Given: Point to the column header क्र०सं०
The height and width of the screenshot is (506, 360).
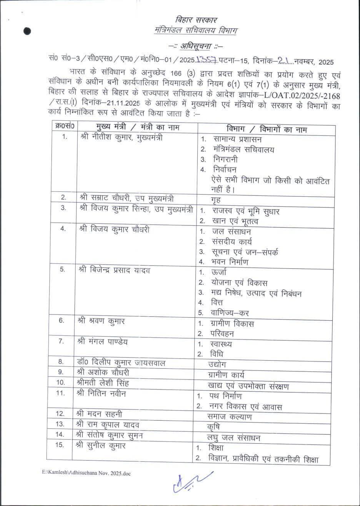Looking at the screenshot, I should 65,126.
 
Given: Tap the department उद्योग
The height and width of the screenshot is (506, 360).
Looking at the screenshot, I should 217,364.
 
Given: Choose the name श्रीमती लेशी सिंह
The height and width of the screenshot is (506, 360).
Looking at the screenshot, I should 103,383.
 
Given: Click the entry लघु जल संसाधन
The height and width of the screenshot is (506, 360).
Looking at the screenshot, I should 234,438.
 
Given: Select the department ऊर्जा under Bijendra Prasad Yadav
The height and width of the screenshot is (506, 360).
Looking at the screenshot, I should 219,272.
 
